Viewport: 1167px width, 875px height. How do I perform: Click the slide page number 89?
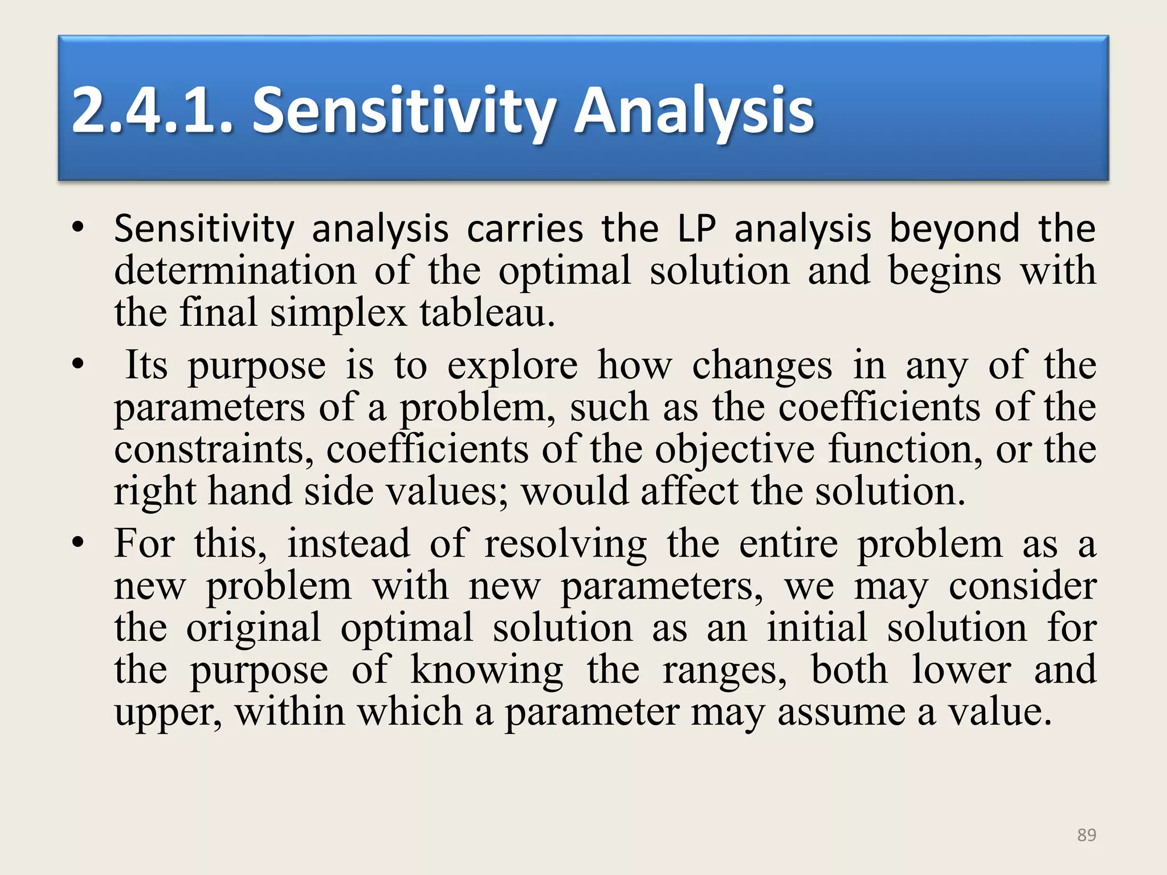point(1086,835)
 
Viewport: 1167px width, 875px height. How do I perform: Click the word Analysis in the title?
point(693,111)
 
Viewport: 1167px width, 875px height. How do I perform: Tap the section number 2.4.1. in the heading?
point(153,111)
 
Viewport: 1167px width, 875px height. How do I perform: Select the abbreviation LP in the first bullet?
point(696,229)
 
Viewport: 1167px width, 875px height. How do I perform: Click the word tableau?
point(487,313)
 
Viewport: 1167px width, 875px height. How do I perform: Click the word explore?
point(512,366)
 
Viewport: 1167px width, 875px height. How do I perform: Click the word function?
point(905,449)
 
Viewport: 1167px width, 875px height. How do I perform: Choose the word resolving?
point(565,544)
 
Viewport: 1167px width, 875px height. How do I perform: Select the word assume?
point(841,713)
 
